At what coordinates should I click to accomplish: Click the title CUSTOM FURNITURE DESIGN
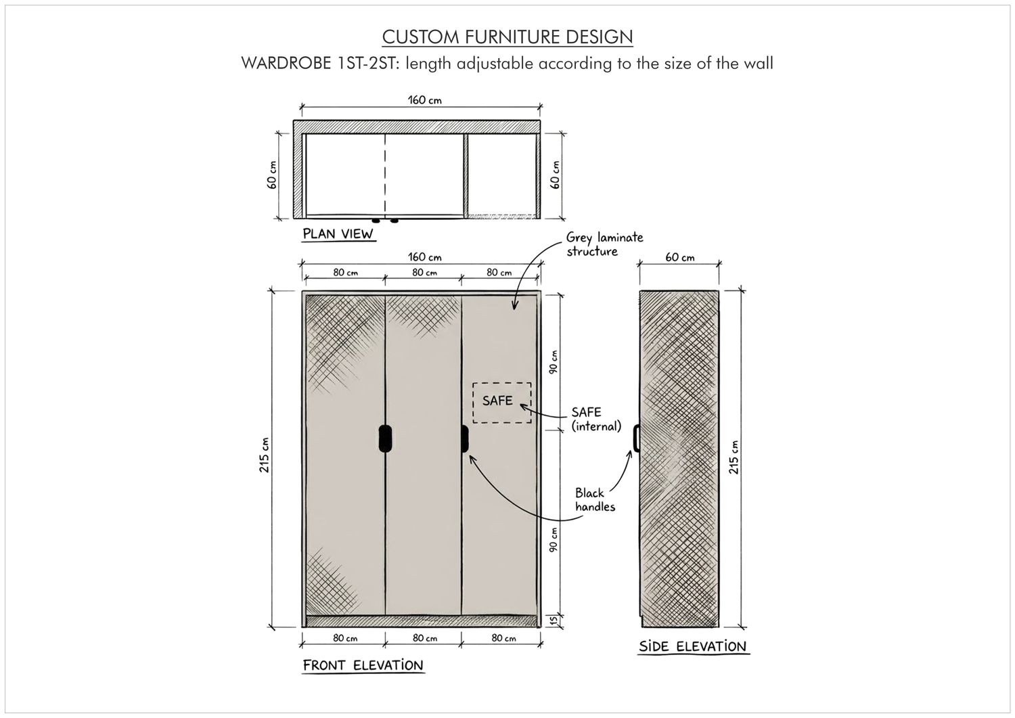point(507,37)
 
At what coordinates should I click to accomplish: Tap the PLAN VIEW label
point(338,234)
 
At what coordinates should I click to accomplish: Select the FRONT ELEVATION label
point(363,665)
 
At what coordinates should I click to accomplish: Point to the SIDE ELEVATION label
point(693,646)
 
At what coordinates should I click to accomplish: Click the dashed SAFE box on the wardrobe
point(502,403)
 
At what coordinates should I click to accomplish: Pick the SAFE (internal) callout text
point(596,419)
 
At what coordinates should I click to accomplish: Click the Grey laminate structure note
point(604,244)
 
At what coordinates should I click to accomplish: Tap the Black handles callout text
point(595,499)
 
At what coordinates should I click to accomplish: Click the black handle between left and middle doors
point(385,439)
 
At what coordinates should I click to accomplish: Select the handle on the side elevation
point(636,439)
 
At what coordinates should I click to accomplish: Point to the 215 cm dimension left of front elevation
point(264,455)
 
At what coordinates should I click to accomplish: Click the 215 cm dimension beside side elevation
point(734,457)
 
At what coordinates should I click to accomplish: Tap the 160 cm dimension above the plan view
point(424,100)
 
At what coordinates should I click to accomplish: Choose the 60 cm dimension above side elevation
point(679,257)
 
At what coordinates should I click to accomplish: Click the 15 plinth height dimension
point(554,621)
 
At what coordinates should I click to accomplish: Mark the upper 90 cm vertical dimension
point(554,362)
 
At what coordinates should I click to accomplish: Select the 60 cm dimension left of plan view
point(271,175)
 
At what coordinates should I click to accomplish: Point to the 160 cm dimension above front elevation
point(424,257)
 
